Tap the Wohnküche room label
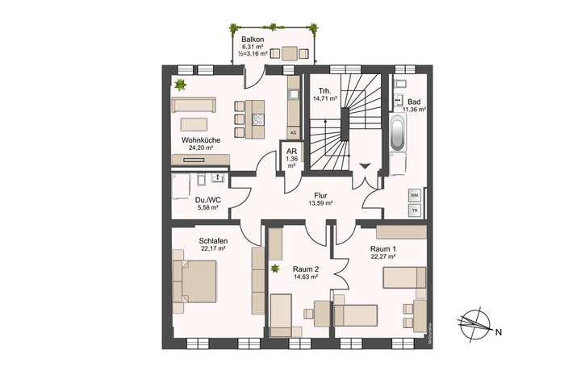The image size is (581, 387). (x=200, y=139)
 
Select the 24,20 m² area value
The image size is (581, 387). (x=200, y=148)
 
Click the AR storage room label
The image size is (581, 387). (x=291, y=151)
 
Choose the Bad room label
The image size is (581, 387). (x=414, y=102)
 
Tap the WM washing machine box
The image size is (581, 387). (x=414, y=195)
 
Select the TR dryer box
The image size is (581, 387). (x=414, y=210)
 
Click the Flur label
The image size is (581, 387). (x=321, y=194)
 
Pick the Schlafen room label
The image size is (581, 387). (x=213, y=240)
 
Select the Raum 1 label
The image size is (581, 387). (x=384, y=249)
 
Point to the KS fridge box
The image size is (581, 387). (x=294, y=131)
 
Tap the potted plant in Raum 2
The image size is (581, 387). (x=275, y=268)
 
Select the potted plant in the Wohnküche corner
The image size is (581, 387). (x=181, y=85)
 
